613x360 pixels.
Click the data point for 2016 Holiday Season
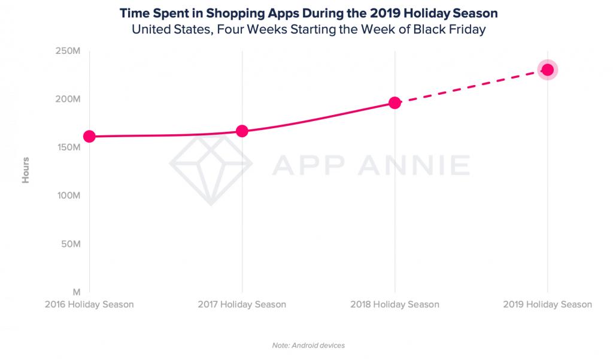89,137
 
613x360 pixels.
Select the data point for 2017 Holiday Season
242,131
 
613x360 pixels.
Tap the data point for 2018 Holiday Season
394,103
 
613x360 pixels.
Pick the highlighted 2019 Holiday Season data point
547,70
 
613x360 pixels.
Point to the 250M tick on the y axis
68,51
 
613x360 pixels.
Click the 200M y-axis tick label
68,99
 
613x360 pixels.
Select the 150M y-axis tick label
68,147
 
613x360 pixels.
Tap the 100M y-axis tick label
68,196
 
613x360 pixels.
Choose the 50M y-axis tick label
70,244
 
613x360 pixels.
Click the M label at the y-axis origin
77,292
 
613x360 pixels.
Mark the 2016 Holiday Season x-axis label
89,304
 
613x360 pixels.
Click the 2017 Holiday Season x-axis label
242,304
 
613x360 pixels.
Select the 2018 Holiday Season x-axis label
394,304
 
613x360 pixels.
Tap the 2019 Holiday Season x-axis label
547,304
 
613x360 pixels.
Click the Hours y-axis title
26,170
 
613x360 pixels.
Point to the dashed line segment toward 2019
471,86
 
